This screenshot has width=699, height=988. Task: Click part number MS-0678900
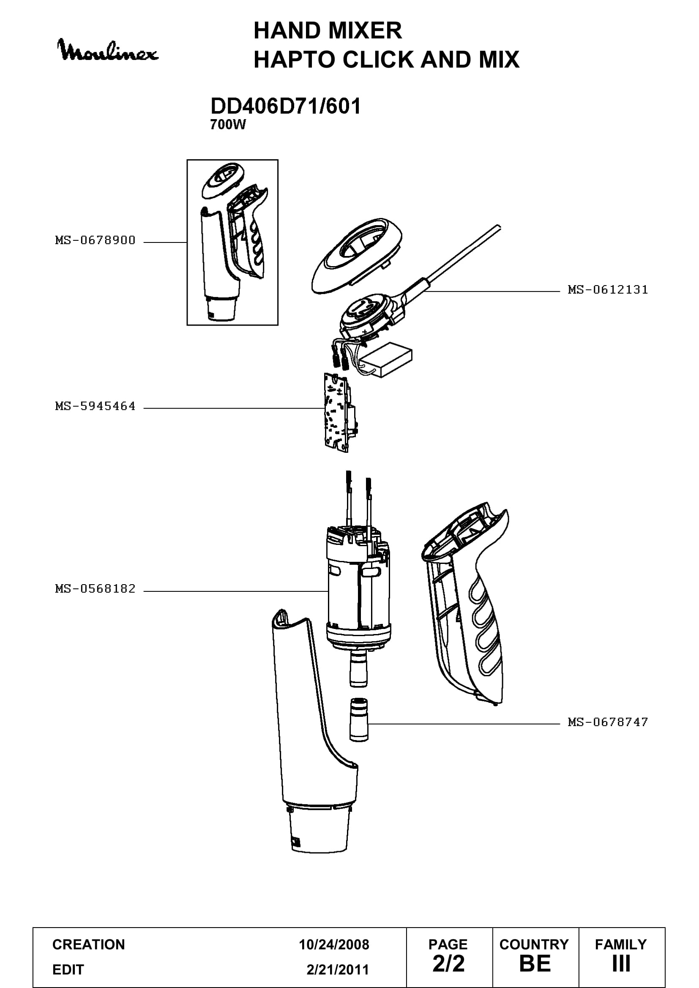[x=95, y=240]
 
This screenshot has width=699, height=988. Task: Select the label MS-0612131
[x=608, y=290]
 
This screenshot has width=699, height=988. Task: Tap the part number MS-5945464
[x=95, y=406]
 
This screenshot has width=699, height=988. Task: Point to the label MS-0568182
[x=95, y=589]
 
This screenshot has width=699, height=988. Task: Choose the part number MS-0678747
[x=608, y=722]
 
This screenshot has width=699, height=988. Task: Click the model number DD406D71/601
[x=285, y=106]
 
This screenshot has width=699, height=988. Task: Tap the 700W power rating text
[x=228, y=125]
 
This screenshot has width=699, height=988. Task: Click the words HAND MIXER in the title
[x=328, y=30]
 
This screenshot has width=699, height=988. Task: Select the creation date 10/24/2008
[x=334, y=944]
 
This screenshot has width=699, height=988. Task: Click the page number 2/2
[x=448, y=964]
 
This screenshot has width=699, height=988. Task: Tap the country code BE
[x=535, y=964]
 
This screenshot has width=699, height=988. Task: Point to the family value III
[x=621, y=964]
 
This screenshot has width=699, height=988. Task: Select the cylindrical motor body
[x=359, y=585]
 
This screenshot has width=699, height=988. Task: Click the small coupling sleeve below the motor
[x=358, y=719]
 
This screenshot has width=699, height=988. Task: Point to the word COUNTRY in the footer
[x=534, y=944]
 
